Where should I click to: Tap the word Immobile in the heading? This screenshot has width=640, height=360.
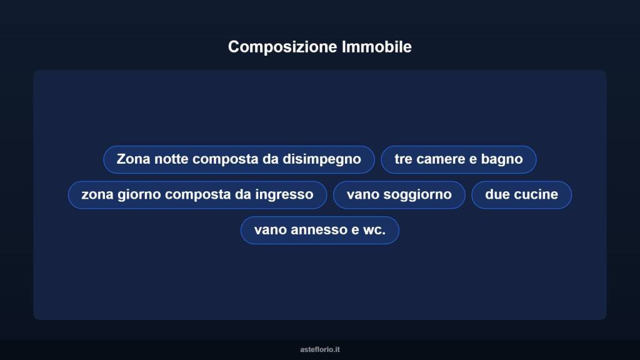(377, 47)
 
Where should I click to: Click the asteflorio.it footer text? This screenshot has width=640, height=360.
(320, 349)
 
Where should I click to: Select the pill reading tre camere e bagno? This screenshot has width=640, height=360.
(459, 159)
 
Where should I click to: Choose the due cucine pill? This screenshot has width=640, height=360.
(521, 195)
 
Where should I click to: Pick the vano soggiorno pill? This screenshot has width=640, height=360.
(399, 195)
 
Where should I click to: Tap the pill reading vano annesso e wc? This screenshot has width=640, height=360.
(319, 230)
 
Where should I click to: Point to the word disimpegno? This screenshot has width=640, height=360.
(322, 159)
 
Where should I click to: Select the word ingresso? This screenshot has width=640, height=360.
(284, 195)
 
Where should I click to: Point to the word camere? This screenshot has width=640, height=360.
(441, 159)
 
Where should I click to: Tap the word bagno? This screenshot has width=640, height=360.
(502, 159)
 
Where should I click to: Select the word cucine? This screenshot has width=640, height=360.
(536, 195)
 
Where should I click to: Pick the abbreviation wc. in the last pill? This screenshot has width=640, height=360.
(374, 230)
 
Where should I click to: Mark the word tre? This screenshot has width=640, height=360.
(403, 159)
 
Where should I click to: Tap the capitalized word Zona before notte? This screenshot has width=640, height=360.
(134, 159)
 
